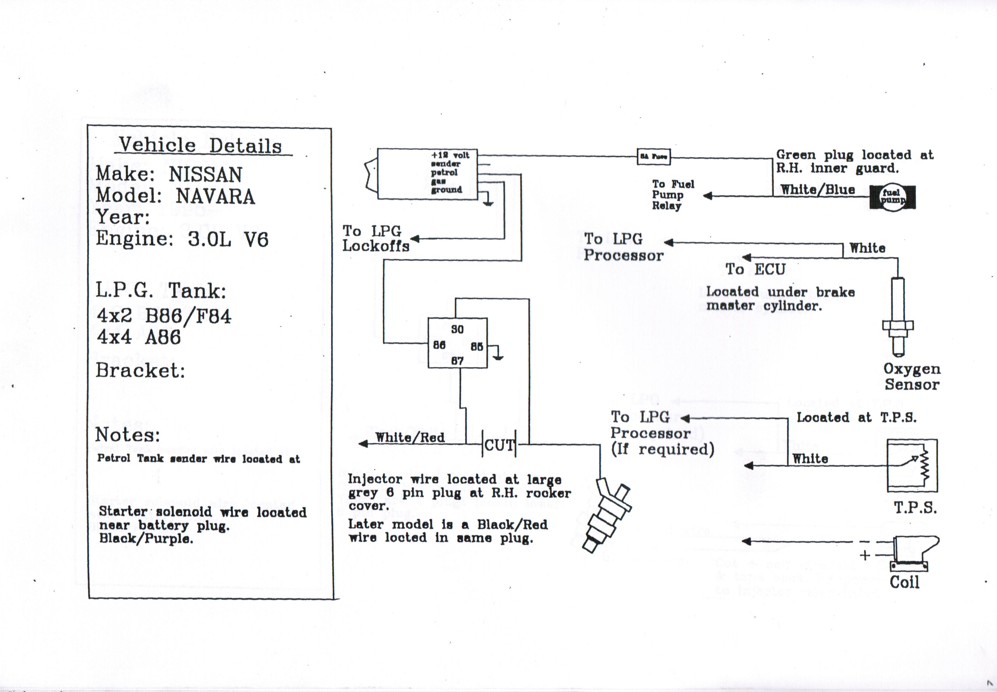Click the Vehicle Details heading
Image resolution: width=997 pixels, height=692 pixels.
[x=201, y=145]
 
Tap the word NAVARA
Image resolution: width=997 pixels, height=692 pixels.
[x=215, y=196]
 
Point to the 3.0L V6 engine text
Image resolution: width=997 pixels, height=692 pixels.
[x=228, y=239]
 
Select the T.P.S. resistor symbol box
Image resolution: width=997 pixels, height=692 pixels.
[x=912, y=465]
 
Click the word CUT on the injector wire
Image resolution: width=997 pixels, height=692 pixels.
[x=499, y=445]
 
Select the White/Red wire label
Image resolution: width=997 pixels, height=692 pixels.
[x=410, y=437]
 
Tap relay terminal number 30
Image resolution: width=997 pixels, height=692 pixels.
[x=457, y=330]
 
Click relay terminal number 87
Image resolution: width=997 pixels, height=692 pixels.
[x=457, y=361]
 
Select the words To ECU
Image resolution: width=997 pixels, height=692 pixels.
[x=755, y=269]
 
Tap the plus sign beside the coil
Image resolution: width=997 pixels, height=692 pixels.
[x=865, y=555]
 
